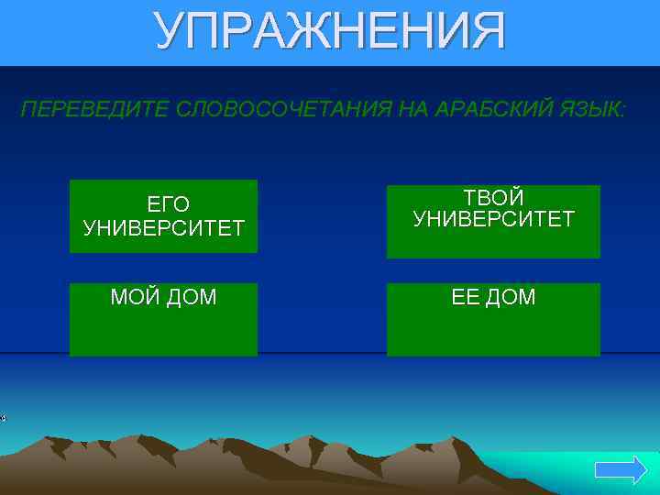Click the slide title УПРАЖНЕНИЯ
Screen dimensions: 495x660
click(329, 32)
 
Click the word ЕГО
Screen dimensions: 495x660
click(168, 204)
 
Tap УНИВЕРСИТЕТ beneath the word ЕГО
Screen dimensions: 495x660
click(164, 228)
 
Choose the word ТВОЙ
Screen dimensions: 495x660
click(493, 198)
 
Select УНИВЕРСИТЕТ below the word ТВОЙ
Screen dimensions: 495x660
click(493, 220)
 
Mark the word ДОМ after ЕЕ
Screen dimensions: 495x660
click(511, 297)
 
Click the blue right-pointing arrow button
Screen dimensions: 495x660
click(621, 471)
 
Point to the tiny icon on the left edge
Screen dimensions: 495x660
click(3, 418)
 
